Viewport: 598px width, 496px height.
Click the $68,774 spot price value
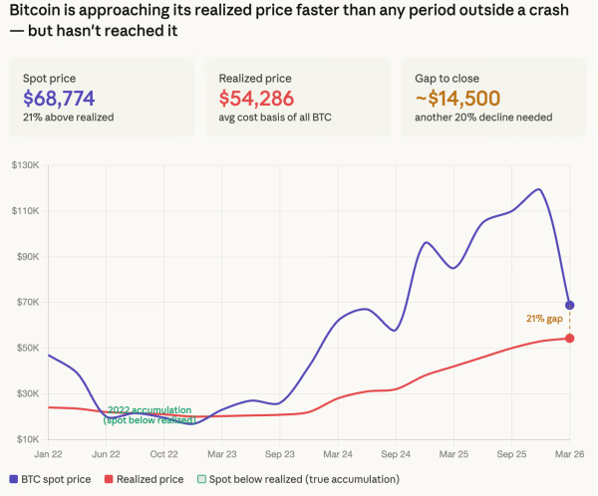[65, 98]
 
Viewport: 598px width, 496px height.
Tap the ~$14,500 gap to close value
[460, 98]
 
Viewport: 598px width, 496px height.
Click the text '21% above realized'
[68, 118]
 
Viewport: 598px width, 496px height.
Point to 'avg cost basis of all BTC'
[274, 118]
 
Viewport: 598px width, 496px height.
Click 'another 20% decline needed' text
[478, 118]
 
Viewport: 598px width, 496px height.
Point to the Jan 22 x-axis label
[47, 453]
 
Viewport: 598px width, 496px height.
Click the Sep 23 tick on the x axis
[280, 453]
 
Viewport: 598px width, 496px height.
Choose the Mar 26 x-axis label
[569, 453]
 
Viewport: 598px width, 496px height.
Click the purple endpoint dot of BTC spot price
[569, 305]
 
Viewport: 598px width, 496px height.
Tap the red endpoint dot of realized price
[569, 339]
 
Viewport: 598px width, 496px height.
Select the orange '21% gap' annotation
[544, 319]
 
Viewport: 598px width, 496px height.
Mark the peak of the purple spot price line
[538, 189]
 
